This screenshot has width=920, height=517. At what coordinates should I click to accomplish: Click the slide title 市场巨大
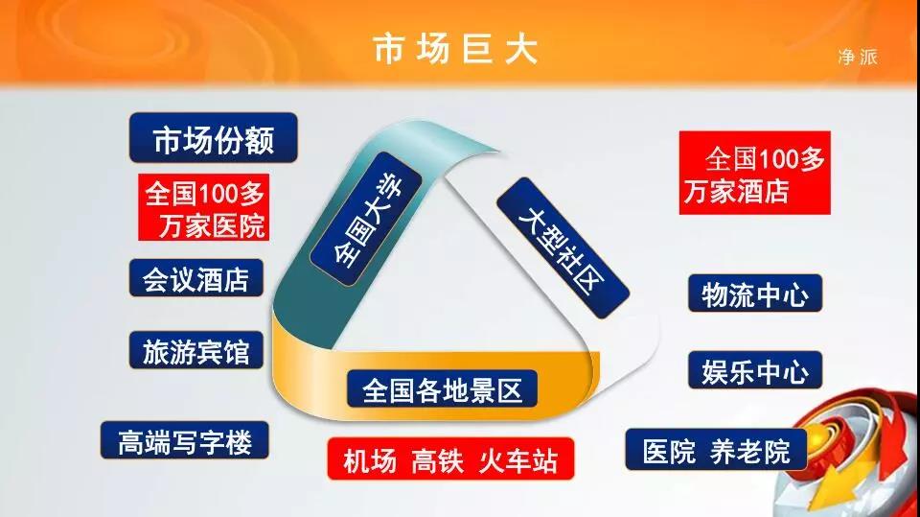pyautogui.click(x=456, y=49)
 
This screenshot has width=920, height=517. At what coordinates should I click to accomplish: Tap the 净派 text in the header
pyautogui.click(x=857, y=57)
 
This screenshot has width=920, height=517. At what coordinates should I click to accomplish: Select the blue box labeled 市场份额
pyautogui.click(x=213, y=138)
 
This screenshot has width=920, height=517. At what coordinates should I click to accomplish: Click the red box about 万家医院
pyautogui.click(x=203, y=207)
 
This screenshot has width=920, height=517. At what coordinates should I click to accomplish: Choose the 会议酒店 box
pyautogui.click(x=195, y=278)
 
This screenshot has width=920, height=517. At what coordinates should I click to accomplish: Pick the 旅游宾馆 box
pyautogui.click(x=195, y=351)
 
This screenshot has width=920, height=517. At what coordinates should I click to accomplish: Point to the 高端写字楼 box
pyautogui.click(x=185, y=440)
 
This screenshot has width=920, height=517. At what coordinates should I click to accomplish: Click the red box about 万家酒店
pyautogui.click(x=754, y=173)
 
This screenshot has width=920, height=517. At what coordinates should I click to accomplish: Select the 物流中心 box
pyautogui.click(x=755, y=294)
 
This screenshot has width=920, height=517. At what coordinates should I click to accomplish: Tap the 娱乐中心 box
pyautogui.click(x=755, y=370)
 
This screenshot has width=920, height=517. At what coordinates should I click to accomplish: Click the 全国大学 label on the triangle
pyautogui.click(x=367, y=219)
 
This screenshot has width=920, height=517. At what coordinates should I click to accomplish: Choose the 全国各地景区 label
pyautogui.click(x=442, y=388)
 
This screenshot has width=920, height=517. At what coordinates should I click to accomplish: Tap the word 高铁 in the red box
pyautogui.click(x=437, y=460)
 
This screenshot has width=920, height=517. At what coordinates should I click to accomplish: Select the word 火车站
pyautogui.click(x=517, y=460)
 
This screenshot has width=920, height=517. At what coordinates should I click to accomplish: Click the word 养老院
pyautogui.click(x=749, y=451)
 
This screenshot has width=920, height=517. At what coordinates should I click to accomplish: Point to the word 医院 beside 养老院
pyautogui.click(x=668, y=451)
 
